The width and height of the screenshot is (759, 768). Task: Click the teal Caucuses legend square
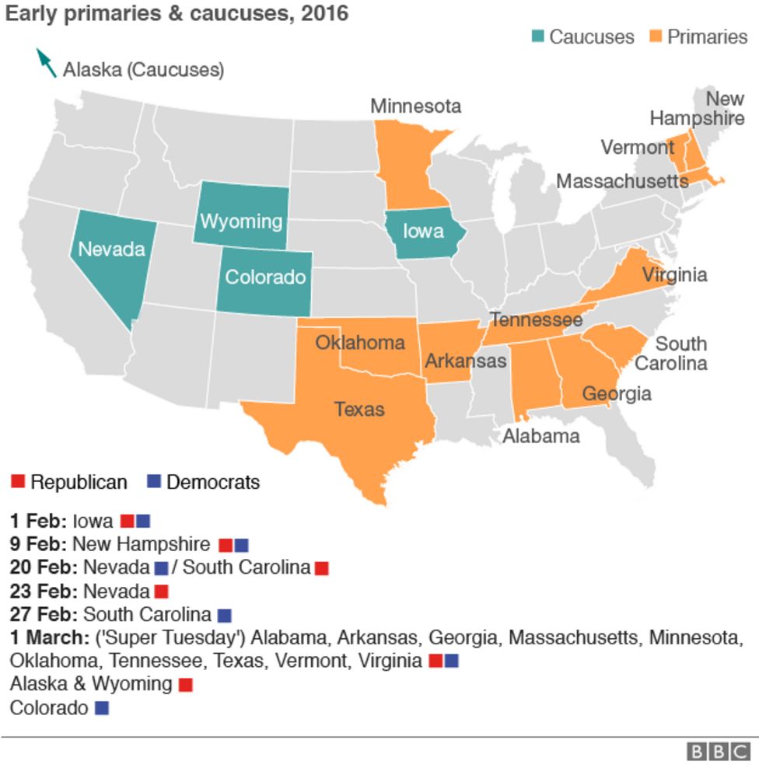click(538, 37)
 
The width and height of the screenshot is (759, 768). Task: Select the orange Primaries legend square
click(656, 37)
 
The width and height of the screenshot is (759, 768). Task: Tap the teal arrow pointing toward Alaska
click(47, 63)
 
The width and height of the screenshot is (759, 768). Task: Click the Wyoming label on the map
click(241, 221)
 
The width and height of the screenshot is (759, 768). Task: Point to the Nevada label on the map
click(112, 249)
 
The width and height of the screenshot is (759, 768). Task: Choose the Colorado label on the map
click(265, 276)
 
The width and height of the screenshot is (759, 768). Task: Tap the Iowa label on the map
click(423, 230)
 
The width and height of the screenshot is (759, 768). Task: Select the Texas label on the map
click(359, 408)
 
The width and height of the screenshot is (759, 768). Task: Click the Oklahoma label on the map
click(359, 342)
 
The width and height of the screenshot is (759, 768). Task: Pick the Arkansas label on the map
click(465, 361)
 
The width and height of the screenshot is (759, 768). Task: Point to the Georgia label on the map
click(617, 393)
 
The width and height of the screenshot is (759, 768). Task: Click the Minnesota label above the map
click(415, 106)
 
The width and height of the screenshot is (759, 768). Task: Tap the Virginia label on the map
click(674, 274)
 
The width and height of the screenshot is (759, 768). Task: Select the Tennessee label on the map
click(536, 319)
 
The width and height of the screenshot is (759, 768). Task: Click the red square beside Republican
click(18, 482)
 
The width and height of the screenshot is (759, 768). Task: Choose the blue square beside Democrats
click(154, 482)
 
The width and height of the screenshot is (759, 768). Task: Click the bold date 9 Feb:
click(38, 544)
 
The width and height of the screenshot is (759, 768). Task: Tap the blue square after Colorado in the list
click(101, 708)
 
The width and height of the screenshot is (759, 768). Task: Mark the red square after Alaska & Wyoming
click(185, 685)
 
